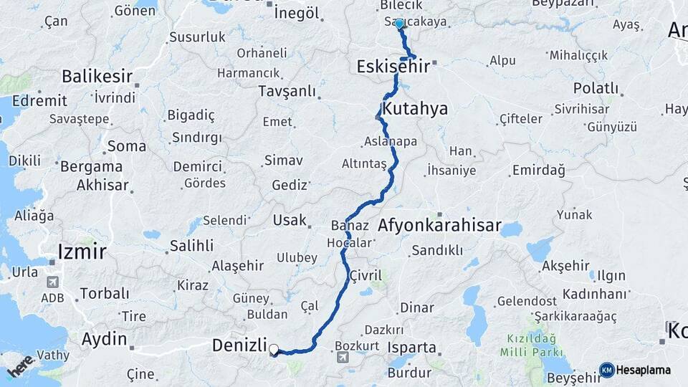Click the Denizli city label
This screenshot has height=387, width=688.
[239, 345]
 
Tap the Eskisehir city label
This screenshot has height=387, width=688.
[393, 67]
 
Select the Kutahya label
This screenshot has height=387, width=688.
[415, 109]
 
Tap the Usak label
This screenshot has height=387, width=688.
[290, 220]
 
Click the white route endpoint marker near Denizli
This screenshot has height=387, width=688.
[274, 350]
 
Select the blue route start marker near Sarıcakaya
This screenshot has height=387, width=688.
[399, 24]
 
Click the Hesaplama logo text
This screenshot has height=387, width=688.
[644, 370]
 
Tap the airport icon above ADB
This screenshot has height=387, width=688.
[52, 282]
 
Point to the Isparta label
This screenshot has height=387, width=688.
[411, 348]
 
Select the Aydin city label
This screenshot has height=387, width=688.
[105, 339]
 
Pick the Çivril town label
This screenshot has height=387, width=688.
[366, 275]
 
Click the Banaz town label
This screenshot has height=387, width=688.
[350, 226]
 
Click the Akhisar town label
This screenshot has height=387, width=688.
[102, 185]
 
